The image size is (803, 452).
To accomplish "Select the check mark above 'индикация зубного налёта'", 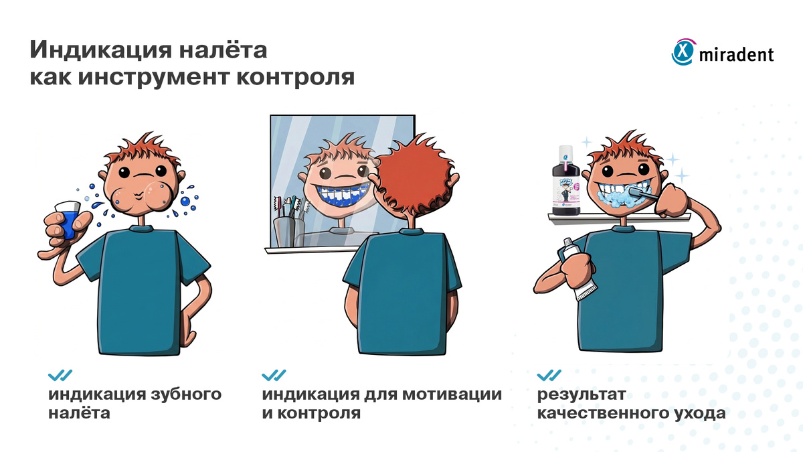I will point(60,374).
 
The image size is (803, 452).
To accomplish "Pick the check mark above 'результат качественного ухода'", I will point(549,374).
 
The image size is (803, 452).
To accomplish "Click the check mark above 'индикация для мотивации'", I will point(273,374).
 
